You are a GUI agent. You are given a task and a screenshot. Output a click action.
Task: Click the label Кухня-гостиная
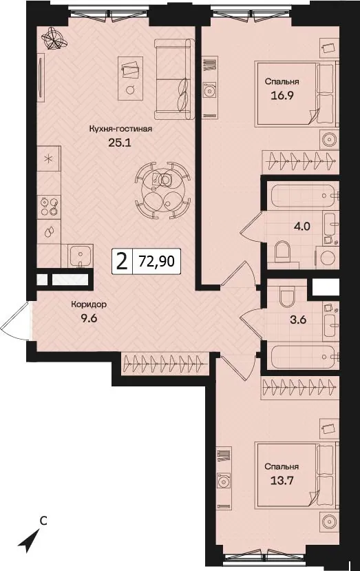click(120, 129)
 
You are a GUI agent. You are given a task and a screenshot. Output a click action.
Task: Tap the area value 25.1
click(119, 143)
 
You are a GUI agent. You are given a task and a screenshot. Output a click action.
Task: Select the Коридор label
click(89, 304)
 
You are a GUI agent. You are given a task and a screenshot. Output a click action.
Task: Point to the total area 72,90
click(156, 261)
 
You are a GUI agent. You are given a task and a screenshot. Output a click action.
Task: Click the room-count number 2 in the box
click(122, 262)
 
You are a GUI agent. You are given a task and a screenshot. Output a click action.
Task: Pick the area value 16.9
click(282, 96)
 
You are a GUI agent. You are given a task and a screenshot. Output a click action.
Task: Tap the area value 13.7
click(282, 481)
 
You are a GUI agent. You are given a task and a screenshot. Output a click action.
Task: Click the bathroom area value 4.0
click(302, 226)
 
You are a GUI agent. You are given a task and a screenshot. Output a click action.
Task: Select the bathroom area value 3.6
click(298, 320)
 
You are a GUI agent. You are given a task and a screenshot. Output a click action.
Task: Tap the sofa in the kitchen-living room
click(174, 79)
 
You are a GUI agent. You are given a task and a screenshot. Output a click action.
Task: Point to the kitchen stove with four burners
click(49, 207)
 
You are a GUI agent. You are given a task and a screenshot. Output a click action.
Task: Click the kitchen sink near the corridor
click(81, 256)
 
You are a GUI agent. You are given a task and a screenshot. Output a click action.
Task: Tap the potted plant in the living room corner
click(54, 39)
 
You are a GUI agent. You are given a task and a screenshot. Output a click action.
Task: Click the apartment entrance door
click(15, 321)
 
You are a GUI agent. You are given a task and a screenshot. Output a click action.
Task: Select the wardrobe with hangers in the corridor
click(165, 364)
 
